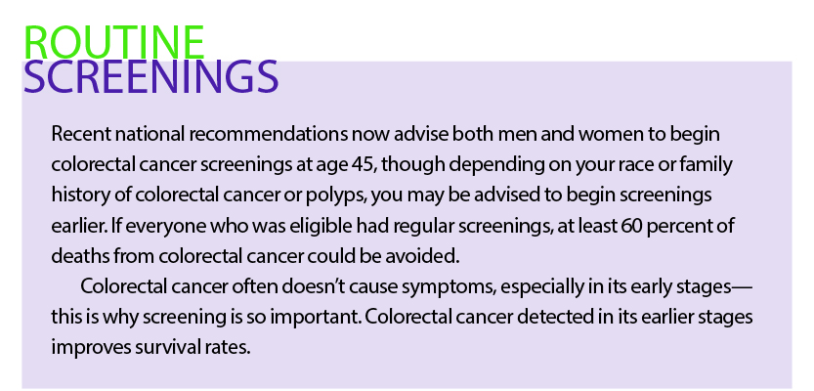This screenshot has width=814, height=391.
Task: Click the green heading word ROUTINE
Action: point(114,43)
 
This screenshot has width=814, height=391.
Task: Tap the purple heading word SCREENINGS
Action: point(151,76)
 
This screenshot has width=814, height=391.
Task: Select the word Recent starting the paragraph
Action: point(81,134)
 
